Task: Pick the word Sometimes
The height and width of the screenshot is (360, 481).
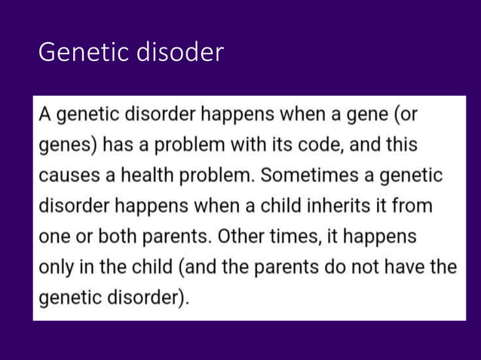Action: pos(299,175)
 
